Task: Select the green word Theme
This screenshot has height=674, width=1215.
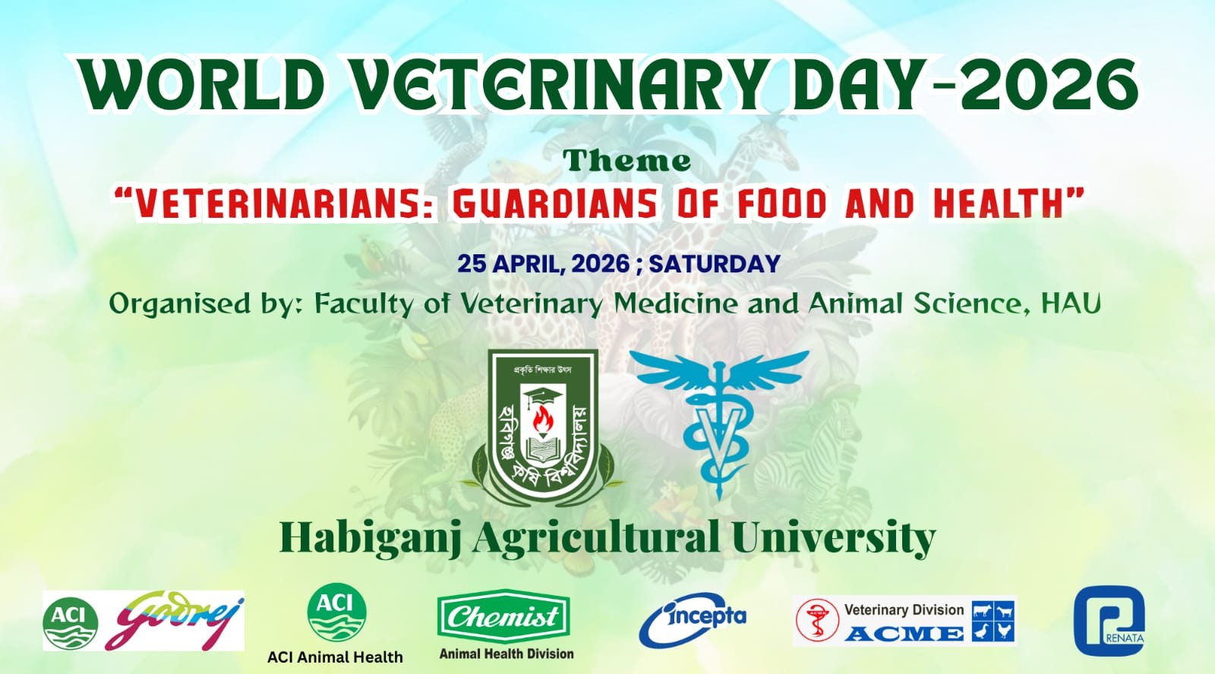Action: tap(626, 160)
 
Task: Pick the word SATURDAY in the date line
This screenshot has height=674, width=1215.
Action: tap(715, 264)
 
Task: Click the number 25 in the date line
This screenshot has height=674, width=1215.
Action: tap(472, 264)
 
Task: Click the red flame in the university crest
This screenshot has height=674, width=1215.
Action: tap(542, 419)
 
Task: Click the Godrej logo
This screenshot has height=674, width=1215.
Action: tap(175, 620)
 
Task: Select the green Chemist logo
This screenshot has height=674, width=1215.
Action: tap(503, 616)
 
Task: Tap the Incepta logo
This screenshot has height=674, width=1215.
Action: tap(693, 620)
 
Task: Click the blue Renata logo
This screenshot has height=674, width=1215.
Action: tap(1109, 621)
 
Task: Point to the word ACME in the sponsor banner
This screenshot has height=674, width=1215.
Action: tap(904, 633)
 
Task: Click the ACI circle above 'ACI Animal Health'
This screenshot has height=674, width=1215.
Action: tap(337, 613)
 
